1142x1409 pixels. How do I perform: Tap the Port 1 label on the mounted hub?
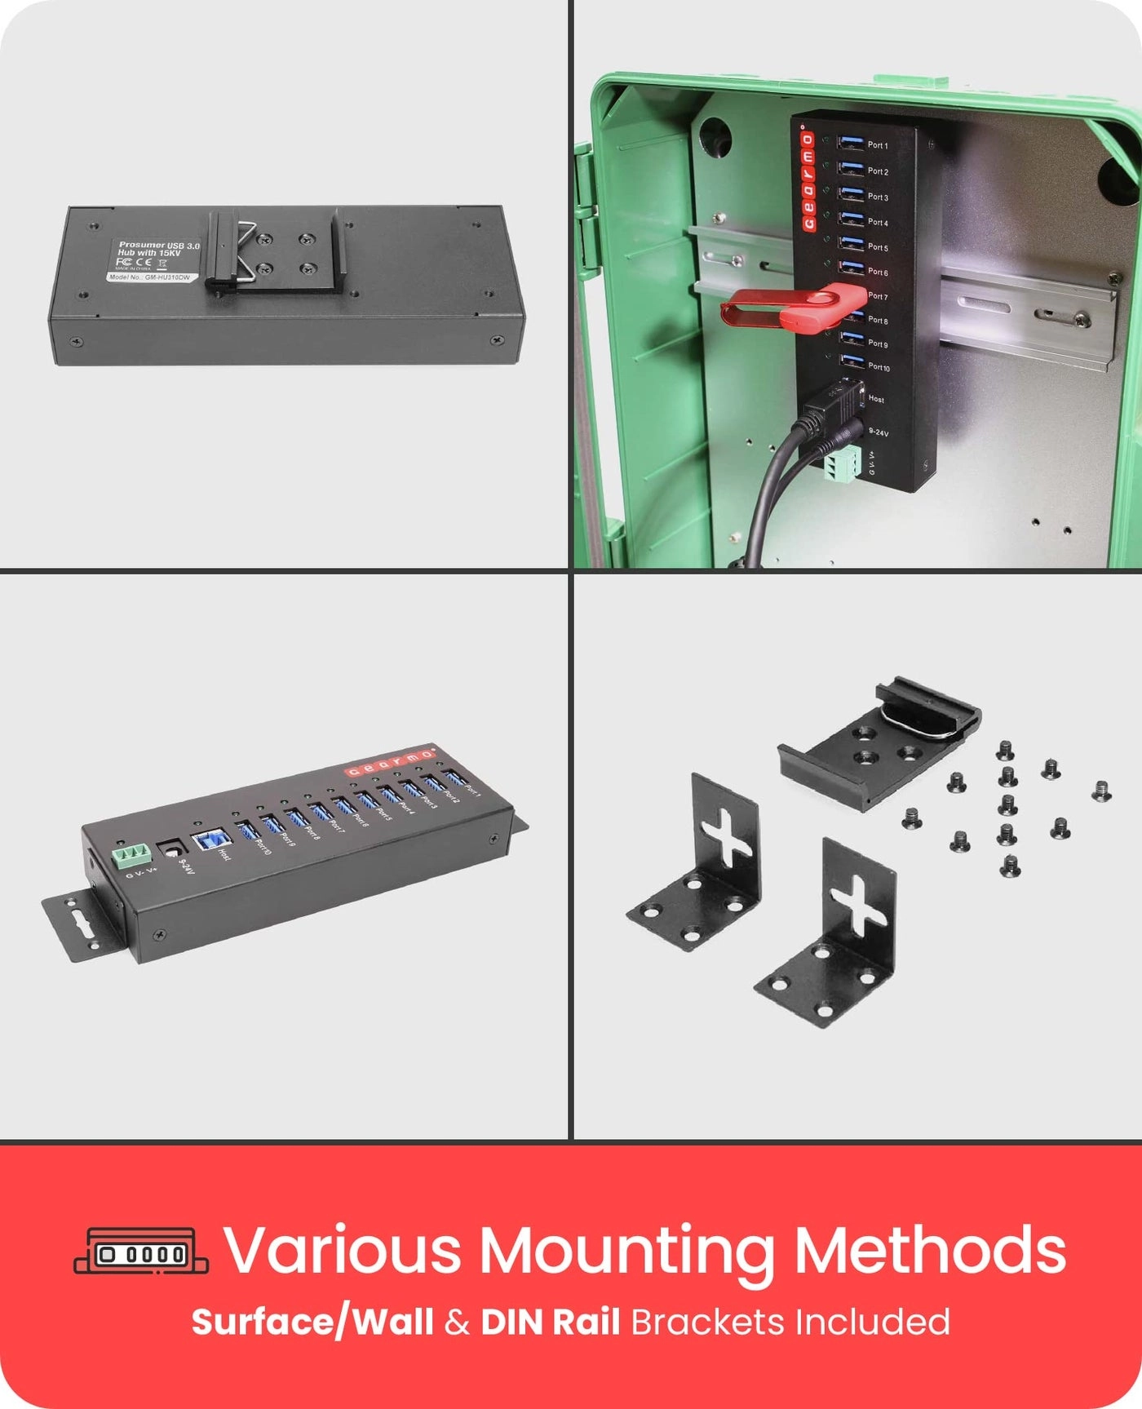click(x=878, y=145)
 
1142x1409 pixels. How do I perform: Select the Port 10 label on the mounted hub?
click(x=879, y=367)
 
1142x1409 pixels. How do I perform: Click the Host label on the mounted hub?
click(x=877, y=399)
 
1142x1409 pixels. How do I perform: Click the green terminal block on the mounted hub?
click(x=842, y=466)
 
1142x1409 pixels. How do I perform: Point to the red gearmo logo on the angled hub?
click(x=387, y=761)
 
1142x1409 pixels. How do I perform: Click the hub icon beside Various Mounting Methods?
click(x=141, y=1252)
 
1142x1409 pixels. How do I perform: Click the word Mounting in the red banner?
click(x=625, y=1250)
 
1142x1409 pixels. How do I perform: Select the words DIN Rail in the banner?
click(x=550, y=1322)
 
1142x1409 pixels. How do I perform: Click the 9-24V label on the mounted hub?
click(x=879, y=432)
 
